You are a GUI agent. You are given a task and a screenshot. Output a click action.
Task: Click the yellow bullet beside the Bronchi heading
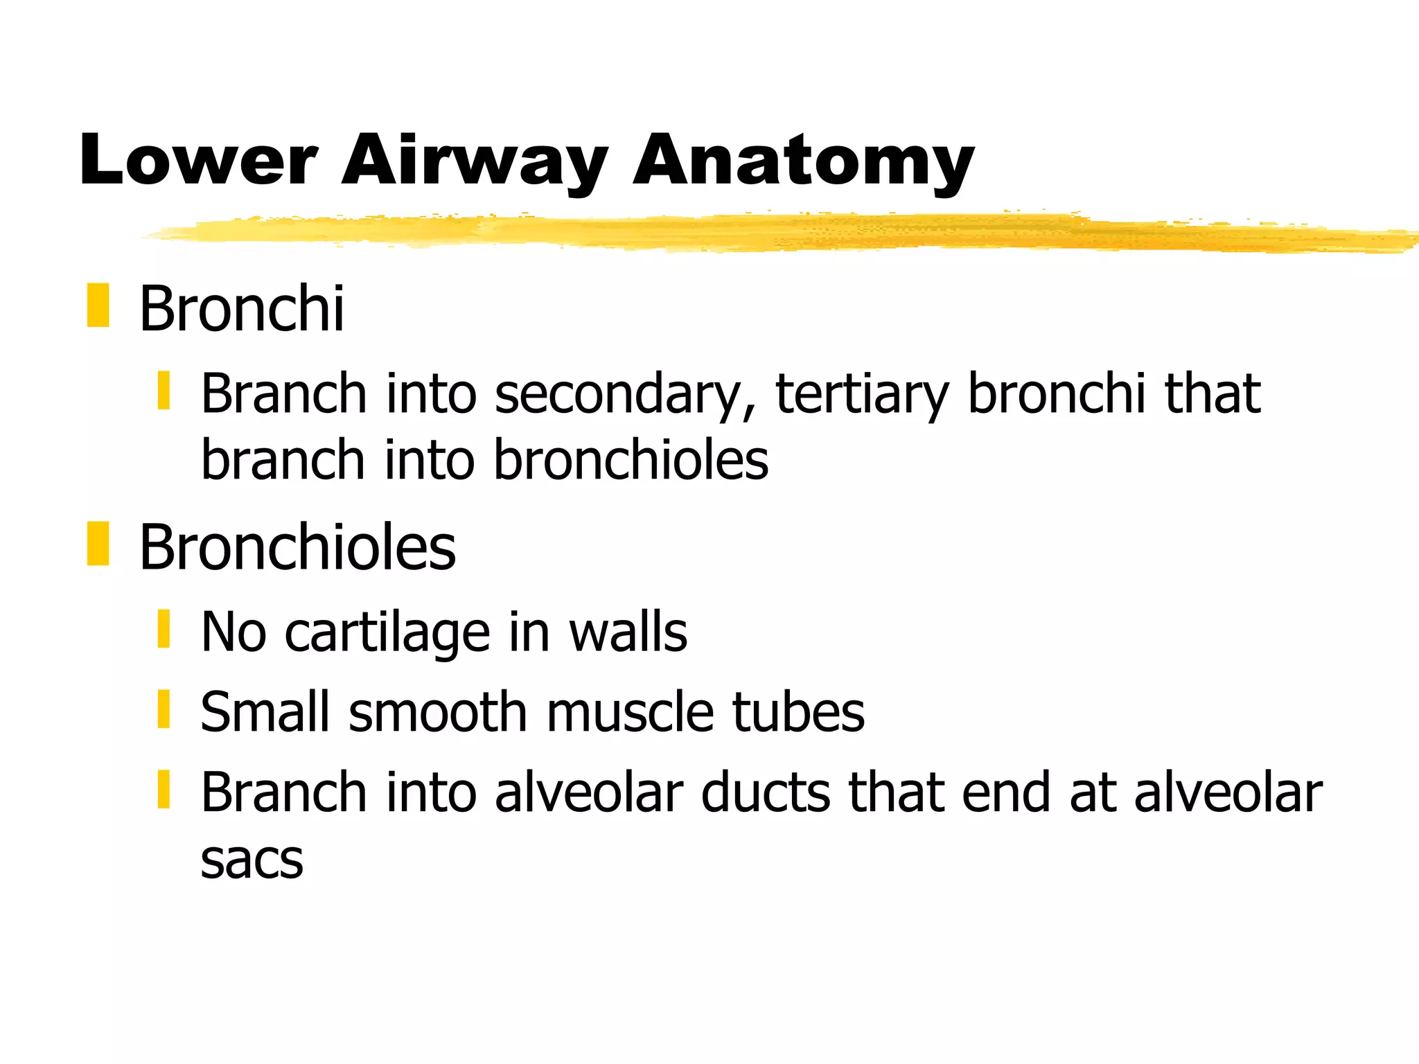point(98,305)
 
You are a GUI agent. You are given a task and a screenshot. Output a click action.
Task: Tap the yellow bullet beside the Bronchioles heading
point(98,544)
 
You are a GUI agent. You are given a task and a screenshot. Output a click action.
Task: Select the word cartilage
point(387,632)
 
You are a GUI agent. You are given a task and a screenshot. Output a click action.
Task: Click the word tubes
point(798,712)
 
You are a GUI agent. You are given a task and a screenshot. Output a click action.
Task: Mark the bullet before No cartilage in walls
point(164,629)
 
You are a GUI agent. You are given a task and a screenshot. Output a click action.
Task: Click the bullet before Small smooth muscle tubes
point(164,709)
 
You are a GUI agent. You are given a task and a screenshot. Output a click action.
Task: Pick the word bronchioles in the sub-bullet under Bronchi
point(631,460)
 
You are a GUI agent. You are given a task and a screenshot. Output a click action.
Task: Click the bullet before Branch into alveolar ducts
point(164,789)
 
